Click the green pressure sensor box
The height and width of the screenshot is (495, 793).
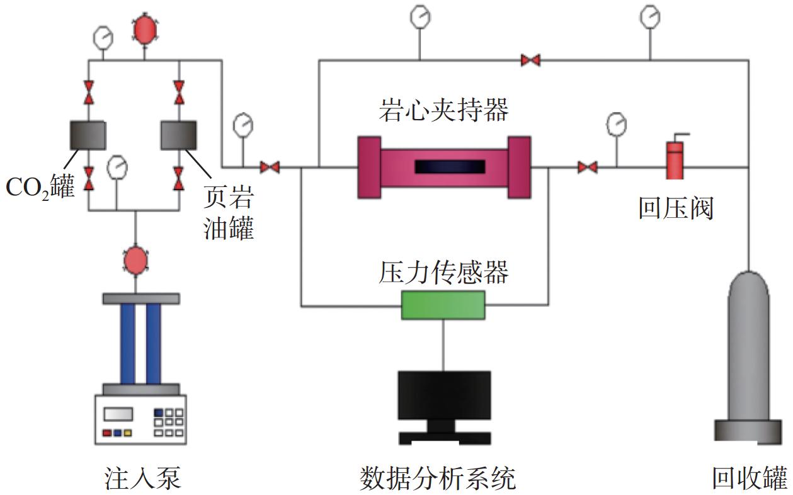[x=443, y=305]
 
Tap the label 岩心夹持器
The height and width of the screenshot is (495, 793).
[x=443, y=111]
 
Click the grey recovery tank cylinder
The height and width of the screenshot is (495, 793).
[x=748, y=353]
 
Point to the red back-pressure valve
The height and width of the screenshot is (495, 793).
[x=675, y=160]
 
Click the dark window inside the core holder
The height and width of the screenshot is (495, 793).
[x=449, y=167]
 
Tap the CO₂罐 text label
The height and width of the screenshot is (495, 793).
[x=40, y=186]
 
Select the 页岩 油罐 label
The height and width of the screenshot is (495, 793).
[x=229, y=214]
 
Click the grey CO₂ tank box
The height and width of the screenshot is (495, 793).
[x=88, y=135]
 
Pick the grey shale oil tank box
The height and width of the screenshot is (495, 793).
[x=180, y=135]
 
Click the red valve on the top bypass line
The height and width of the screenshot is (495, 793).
[x=530, y=60]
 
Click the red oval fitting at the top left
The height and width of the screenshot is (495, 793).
[x=144, y=28]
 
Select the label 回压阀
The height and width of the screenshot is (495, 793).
[x=675, y=208]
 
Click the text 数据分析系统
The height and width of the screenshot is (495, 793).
[x=437, y=478]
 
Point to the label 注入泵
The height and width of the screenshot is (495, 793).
[x=142, y=478]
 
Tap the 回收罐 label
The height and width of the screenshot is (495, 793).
[x=750, y=478]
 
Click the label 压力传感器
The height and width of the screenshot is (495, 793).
[x=443, y=273]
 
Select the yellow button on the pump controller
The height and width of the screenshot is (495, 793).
[x=128, y=433]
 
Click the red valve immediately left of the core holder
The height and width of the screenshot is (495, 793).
[x=270, y=167]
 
